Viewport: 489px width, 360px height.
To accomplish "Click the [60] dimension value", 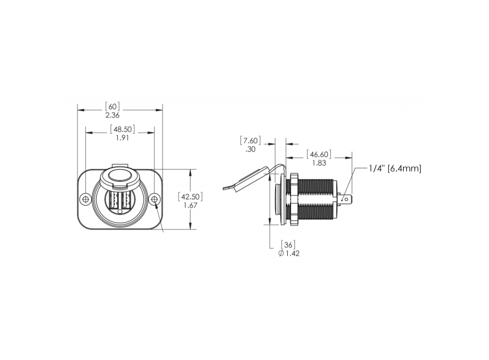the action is tap(113, 106).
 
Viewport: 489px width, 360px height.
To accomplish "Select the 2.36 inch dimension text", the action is tap(113, 115).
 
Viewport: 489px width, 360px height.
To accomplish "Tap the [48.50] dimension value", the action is tap(123, 129).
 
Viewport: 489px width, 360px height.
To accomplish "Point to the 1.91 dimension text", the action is tap(123, 138).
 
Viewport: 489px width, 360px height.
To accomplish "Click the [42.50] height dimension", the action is tap(190, 197).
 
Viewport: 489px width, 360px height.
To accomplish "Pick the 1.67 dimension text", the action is tap(190, 205).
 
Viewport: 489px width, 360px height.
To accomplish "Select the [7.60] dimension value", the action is tap(251, 140).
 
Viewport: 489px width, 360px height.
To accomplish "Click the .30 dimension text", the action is tap(251, 149).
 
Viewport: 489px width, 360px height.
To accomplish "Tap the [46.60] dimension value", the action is tap(319, 154).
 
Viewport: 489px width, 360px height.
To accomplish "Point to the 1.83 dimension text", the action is tap(319, 163).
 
